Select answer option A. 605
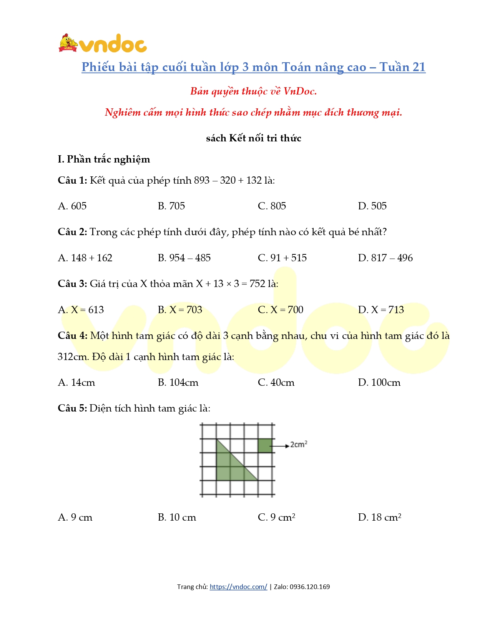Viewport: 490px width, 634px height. (x=72, y=206)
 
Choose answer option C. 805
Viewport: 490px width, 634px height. (x=272, y=206)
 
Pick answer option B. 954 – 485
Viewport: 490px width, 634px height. (x=184, y=258)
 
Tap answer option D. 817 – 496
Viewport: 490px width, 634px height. (x=385, y=258)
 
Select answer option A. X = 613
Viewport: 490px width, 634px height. (x=81, y=310)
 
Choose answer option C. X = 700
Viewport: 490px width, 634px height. (x=281, y=310)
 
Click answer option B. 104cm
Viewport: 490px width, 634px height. (x=178, y=383)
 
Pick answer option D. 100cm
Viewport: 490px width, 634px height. (x=379, y=383)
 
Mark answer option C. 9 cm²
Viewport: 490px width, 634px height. (x=276, y=517)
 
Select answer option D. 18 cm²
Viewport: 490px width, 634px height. (x=380, y=517)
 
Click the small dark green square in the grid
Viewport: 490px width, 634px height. (x=265, y=445)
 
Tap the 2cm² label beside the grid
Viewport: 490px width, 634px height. (x=299, y=445)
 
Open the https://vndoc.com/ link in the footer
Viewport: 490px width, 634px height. (x=238, y=587)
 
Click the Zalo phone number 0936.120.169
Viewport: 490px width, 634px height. (x=310, y=587)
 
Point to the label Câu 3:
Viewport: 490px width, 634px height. (x=73, y=284)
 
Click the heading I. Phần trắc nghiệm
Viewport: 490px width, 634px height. (x=104, y=159)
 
